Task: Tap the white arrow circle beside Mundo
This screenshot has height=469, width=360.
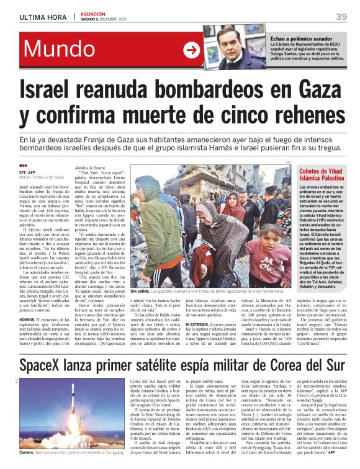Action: tap(192, 50)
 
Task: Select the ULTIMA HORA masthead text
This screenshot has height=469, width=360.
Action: tap(42, 17)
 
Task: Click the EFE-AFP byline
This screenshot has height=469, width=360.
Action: tap(28, 172)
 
